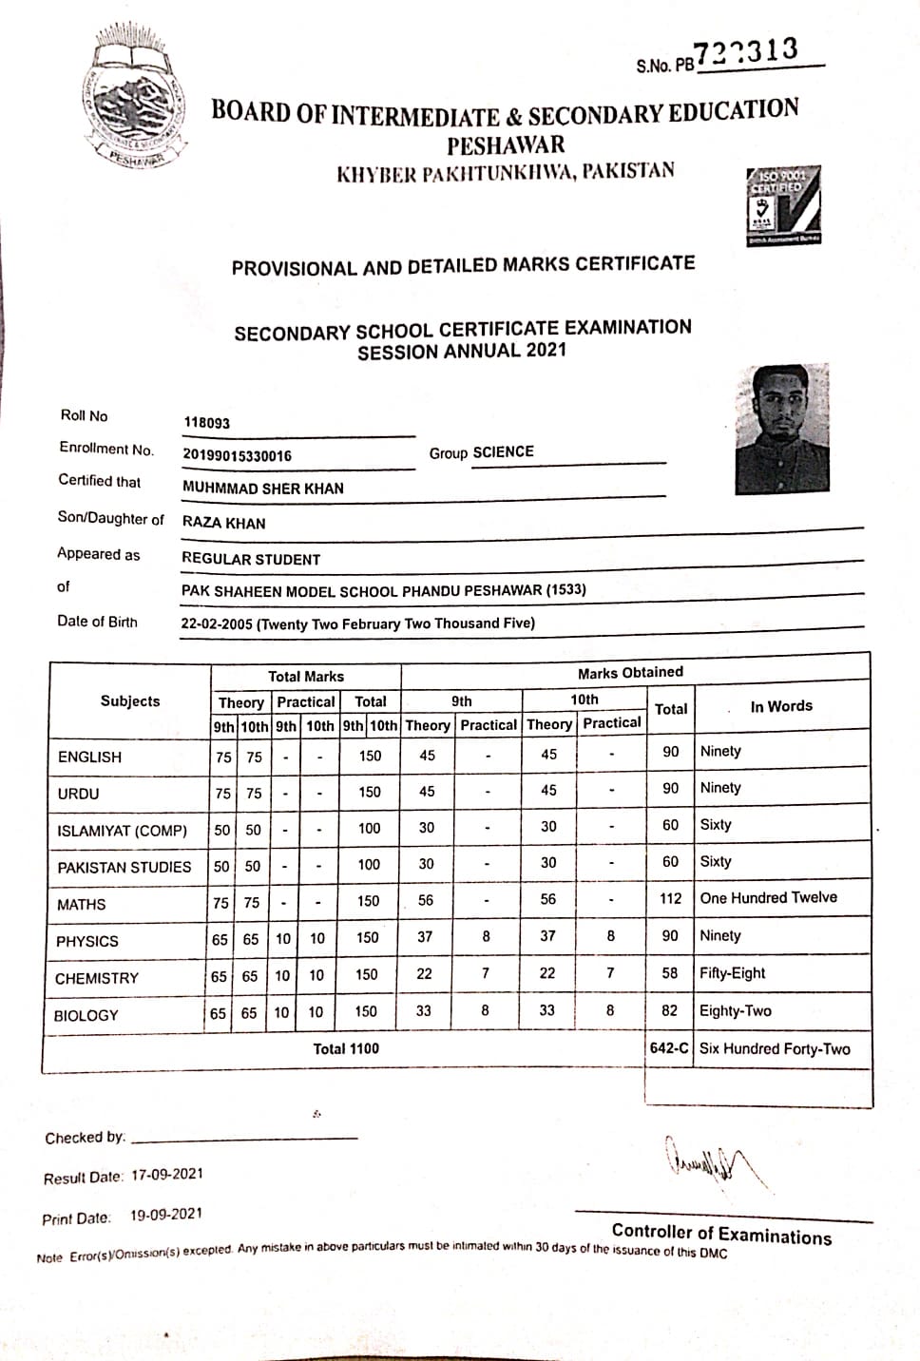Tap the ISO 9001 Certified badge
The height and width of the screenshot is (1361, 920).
click(783, 206)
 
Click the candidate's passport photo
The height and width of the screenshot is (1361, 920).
click(782, 429)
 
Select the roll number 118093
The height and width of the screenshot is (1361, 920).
click(206, 423)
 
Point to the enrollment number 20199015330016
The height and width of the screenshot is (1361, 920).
click(237, 455)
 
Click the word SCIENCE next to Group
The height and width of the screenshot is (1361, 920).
click(503, 452)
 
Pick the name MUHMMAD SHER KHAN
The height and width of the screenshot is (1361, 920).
click(263, 489)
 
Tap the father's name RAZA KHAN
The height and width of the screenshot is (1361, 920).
click(224, 523)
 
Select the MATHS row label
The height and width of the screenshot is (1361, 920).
click(82, 904)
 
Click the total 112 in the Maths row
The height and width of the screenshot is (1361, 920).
click(671, 899)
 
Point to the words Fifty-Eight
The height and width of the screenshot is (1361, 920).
click(732, 973)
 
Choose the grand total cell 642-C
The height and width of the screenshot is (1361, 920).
click(669, 1048)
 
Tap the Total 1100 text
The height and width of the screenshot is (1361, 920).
click(346, 1048)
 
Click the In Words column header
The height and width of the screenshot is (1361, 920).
click(781, 706)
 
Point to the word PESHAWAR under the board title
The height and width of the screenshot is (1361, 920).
click(506, 145)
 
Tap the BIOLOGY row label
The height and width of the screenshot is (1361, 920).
click(86, 1015)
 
